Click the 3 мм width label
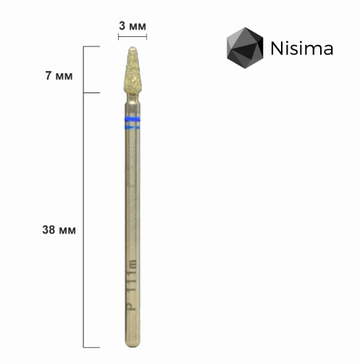pos(133,26)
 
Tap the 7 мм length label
pos(59,75)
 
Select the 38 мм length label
pos(59,230)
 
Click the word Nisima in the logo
pos(302,49)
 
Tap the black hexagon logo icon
pos(245,48)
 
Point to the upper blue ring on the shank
pos(133,119)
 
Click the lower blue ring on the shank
pos(133,127)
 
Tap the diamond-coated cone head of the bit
pos(133,70)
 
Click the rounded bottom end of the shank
pos(133,343)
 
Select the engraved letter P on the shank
pos(132,306)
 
